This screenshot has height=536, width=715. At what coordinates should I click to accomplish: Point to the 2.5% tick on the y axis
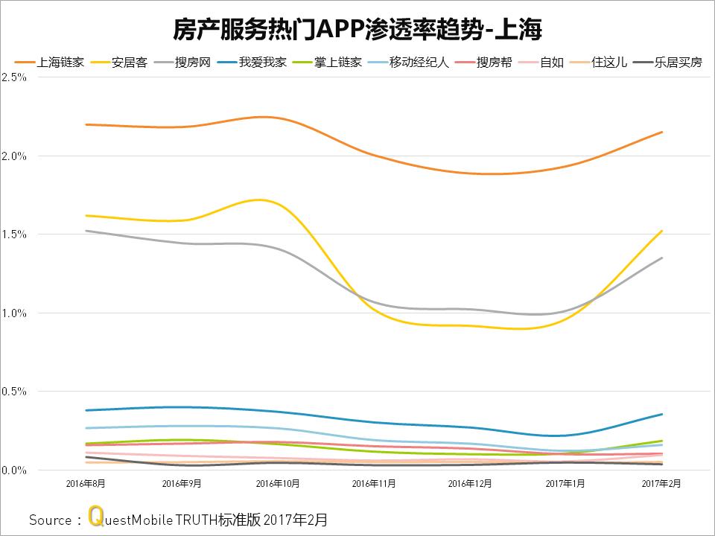tap(14, 77)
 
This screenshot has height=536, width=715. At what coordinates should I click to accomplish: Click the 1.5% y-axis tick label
tap(14, 234)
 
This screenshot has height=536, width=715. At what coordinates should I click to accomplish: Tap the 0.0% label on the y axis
tap(14, 470)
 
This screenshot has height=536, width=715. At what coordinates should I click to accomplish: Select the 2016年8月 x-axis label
tap(86, 484)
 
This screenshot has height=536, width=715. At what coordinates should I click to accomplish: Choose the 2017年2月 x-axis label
tap(661, 484)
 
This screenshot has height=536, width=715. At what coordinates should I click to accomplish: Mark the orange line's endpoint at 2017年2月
tap(662, 132)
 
